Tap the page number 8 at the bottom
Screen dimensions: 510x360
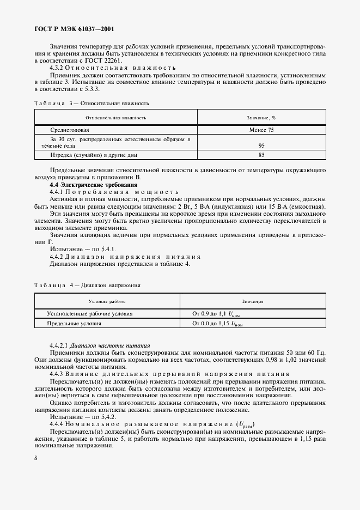[35, 458]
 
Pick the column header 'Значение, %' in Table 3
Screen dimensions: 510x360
[261, 117]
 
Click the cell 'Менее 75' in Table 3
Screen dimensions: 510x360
[261, 130]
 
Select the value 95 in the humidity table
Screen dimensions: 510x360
[261, 145]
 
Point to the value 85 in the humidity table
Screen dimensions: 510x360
[261, 155]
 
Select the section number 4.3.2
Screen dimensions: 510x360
[57, 68]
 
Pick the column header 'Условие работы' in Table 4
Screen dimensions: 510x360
[107, 301]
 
